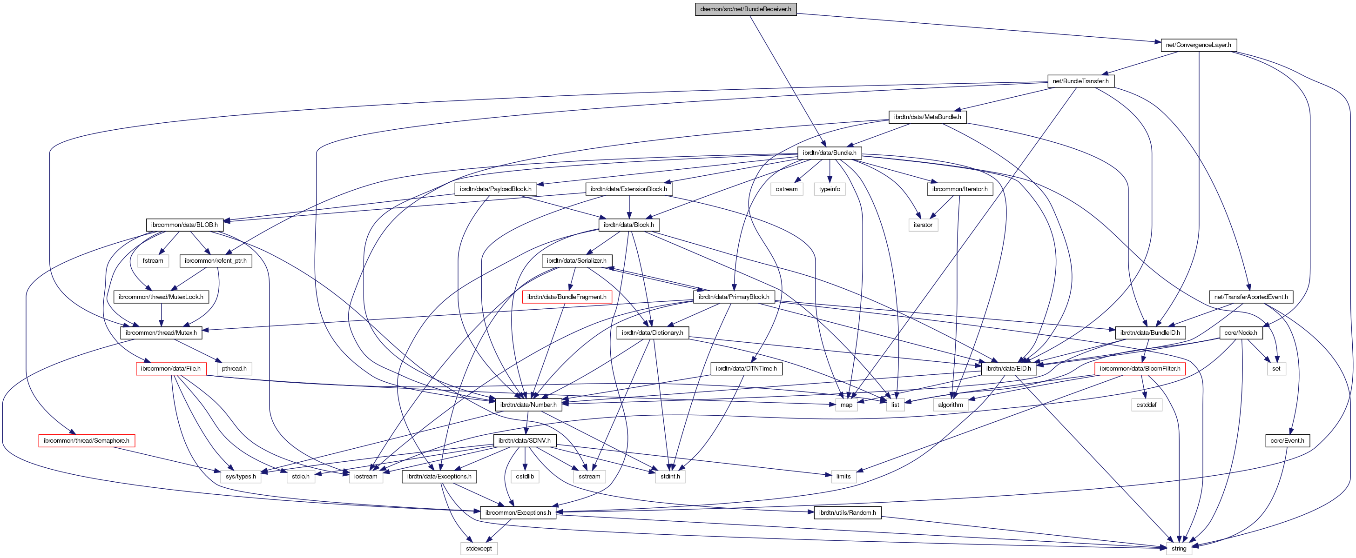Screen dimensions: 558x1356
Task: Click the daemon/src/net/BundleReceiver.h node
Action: click(x=745, y=9)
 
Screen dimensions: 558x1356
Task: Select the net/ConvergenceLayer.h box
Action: click(x=1198, y=45)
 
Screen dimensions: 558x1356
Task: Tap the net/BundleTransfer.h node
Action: click(x=1080, y=81)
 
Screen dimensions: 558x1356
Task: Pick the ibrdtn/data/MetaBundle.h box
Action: click(x=927, y=117)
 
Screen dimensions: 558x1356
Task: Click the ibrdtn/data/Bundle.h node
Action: click(x=829, y=153)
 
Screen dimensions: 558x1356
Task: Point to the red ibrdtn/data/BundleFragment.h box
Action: click(x=567, y=297)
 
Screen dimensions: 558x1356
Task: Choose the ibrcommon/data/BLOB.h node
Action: click(x=184, y=225)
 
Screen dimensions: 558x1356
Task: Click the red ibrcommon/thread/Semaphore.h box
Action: click(x=86, y=440)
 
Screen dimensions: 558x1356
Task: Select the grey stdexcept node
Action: click(x=479, y=548)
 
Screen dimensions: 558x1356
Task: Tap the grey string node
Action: click(x=1179, y=548)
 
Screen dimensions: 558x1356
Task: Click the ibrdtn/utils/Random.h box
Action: click(x=847, y=512)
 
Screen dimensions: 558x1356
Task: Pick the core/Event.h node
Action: click(x=1287, y=440)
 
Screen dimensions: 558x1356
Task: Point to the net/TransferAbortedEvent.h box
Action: click(x=1251, y=297)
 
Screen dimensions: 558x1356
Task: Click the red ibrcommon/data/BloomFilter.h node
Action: click(x=1140, y=368)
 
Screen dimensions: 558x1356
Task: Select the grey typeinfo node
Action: click(x=829, y=189)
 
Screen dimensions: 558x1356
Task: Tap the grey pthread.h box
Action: click(x=234, y=368)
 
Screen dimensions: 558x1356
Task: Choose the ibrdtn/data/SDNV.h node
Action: click(x=524, y=440)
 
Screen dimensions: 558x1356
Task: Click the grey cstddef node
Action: click(x=1146, y=405)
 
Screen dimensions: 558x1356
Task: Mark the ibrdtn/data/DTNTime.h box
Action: click(x=746, y=368)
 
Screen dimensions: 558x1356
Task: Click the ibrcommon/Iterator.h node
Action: click(x=959, y=189)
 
